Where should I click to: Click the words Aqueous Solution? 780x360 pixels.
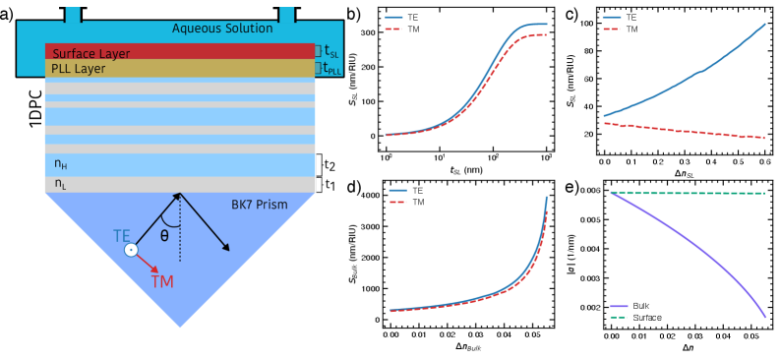coord(222,29)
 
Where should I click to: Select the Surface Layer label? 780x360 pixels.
coord(91,54)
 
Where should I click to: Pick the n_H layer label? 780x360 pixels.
coord(61,164)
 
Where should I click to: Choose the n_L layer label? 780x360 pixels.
coord(61,183)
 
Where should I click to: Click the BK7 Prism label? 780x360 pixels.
coord(260,205)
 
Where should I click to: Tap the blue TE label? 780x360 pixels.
coord(122,236)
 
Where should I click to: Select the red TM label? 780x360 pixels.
coord(162,282)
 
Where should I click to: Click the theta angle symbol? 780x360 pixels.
coord(164,236)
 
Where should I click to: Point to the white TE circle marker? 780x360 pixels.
coord(131,250)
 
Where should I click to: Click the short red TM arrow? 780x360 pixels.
coord(148,263)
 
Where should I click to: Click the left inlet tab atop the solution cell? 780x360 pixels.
coord(73,14)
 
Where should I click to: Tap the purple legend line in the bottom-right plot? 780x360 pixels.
coord(619,307)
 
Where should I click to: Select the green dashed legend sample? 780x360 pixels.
coord(619,317)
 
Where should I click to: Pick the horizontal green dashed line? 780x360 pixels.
coord(689,193)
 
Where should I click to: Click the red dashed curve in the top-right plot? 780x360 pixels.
coord(689,131)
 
